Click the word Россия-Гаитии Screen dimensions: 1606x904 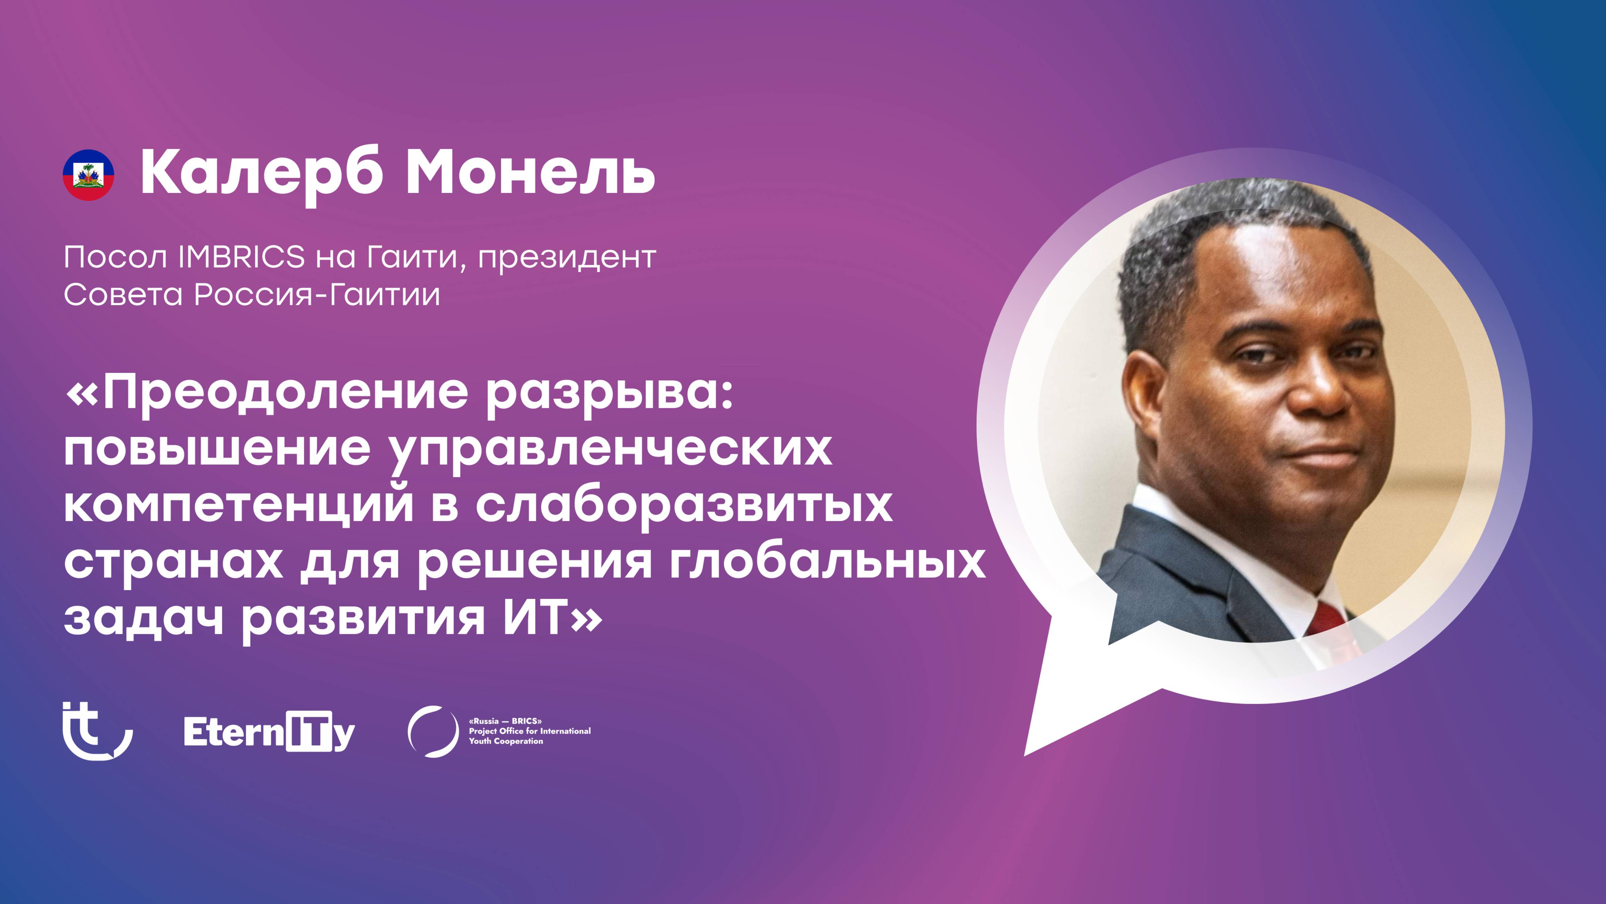click(x=317, y=295)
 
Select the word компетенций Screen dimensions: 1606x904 click(x=239, y=504)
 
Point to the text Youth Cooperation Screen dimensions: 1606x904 click(x=506, y=741)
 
